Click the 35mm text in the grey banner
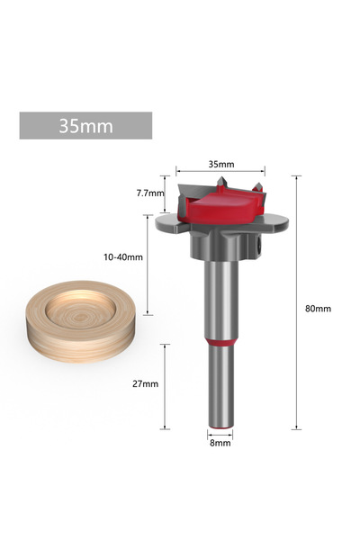pos(85,125)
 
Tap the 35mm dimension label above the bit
pos(220,164)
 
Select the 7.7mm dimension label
pos(150,193)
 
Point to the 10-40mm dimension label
pos(124,256)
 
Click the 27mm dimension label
pos(145,383)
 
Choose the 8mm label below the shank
pos(220,443)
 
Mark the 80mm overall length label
pos(318,309)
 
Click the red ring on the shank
pos(220,342)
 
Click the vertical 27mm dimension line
pos(166,385)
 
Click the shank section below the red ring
pos(220,387)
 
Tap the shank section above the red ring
pos(220,297)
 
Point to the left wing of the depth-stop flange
pos(171,220)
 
